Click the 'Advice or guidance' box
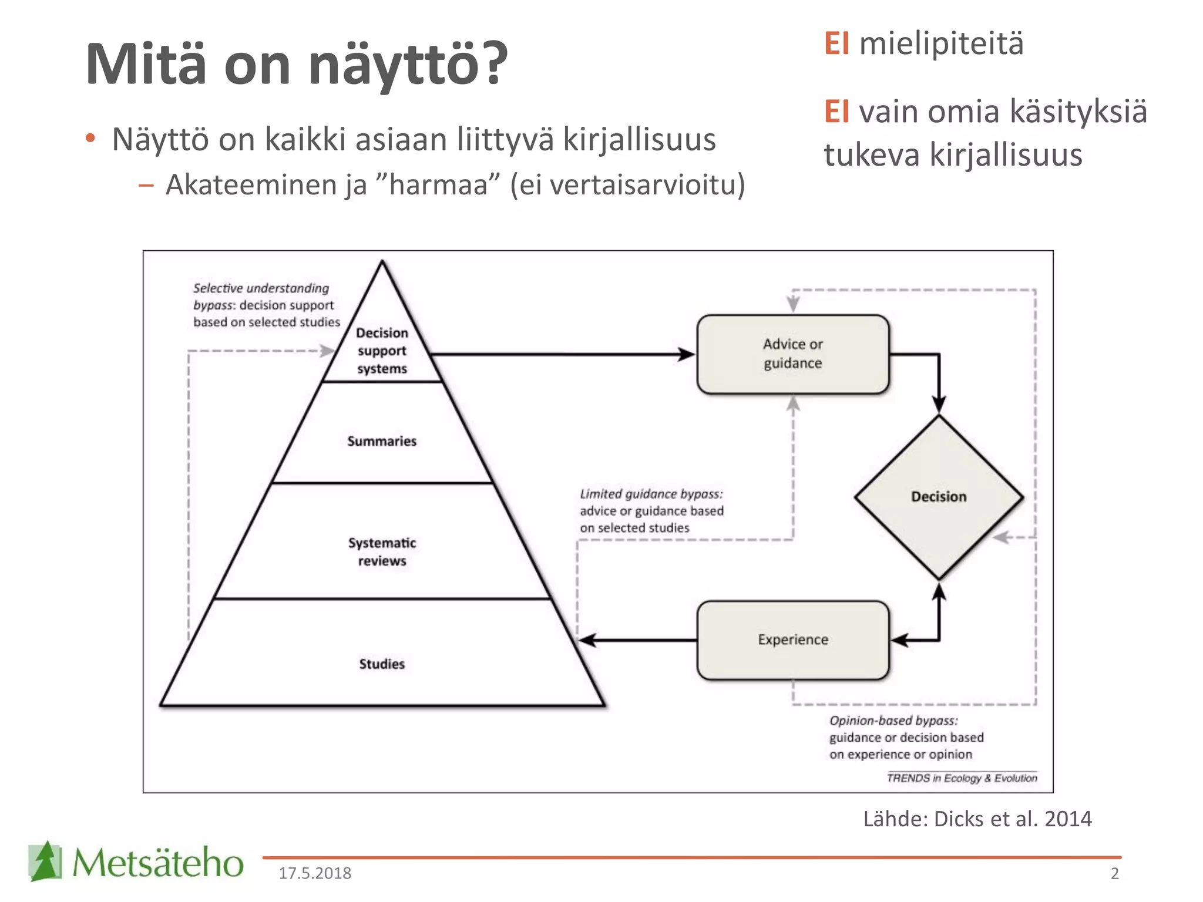[x=792, y=354]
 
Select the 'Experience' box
[x=792, y=640]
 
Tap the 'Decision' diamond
[x=938, y=497]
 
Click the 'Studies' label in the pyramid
[x=382, y=664]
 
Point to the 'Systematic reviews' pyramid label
[x=382, y=551]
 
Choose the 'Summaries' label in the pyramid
[x=382, y=441]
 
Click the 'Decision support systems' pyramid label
[x=382, y=351]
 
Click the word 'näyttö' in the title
[x=394, y=65]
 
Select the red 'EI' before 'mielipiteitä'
[x=836, y=43]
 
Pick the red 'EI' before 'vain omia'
[x=836, y=112]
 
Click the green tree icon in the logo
[x=45, y=861]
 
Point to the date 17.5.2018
[x=315, y=873]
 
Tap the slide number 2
[x=1114, y=873]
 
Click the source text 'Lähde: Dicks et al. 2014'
[x=977, y=819]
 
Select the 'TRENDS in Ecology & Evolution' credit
[x=962, y=778]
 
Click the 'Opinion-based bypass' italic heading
[x=893, y=721]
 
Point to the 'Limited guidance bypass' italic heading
[x=651, y=494]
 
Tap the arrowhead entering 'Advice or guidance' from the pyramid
[x=685, y=354]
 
